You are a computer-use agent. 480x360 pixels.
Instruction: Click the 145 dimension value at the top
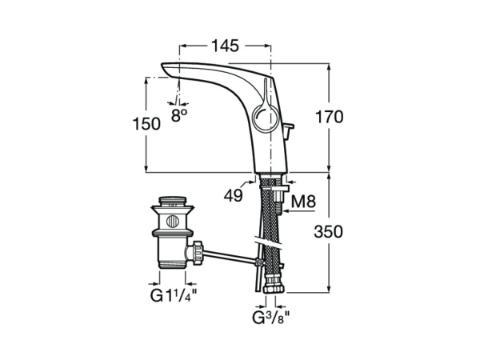click(x=225, y=46)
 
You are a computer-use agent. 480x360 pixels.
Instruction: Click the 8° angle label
click(x=179, y=115)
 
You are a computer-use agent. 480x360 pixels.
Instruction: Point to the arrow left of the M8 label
click(x=282, y=202)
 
